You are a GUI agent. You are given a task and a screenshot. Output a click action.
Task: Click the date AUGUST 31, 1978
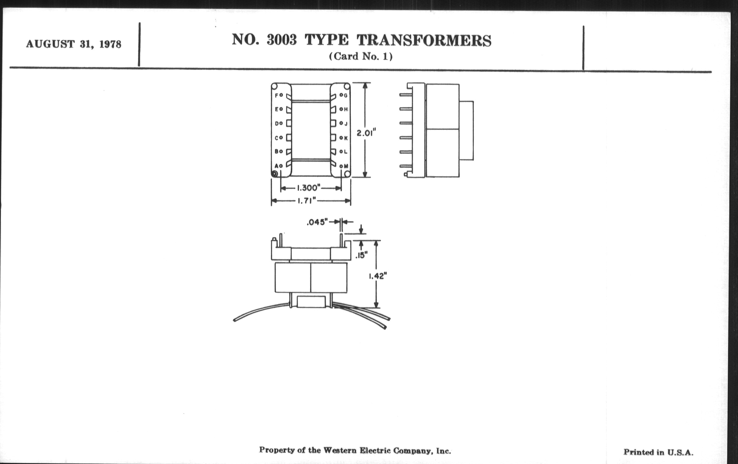click(73, 44)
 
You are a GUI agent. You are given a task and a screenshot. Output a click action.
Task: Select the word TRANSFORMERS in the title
click(424, 40)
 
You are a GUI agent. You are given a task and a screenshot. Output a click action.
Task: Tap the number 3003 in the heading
click(282, 40)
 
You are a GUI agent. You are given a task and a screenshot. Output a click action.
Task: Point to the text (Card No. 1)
click(361, 57)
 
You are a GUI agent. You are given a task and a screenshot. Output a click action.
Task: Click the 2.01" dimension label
click(366, 133)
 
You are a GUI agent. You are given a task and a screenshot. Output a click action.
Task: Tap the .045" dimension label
click(317, 222)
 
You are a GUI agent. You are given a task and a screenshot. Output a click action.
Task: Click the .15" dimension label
click(362, 255)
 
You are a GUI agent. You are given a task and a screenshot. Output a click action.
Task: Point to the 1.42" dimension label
click(377, 276)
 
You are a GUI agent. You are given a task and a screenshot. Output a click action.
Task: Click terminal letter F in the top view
click(276, 95)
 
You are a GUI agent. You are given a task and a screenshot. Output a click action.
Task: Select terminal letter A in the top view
click(276, 166)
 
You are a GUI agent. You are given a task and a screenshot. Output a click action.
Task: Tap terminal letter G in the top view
click(346, 96)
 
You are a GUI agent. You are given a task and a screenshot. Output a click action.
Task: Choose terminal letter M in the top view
click(346, 166)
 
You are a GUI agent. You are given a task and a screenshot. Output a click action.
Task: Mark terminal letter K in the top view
click(346, 138)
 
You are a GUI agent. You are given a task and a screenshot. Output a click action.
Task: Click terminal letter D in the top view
click(276, 123)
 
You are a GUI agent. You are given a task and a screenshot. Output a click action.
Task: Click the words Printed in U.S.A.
click(658, 452)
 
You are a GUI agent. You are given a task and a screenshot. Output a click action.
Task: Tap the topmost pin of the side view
click(406, 95)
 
